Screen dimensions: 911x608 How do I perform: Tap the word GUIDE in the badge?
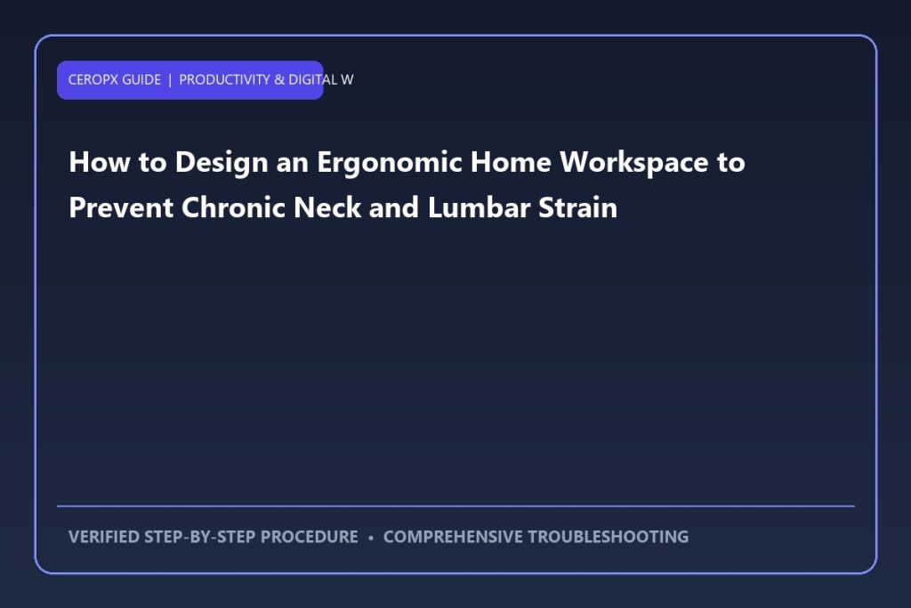tap(141, 79)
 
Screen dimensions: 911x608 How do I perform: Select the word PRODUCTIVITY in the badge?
tap(224, 79)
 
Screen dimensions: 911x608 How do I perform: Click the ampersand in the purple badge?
tap(279, 79)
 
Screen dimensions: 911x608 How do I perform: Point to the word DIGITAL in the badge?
tap(313, 79)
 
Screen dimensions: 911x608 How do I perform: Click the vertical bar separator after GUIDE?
tap(170, 79)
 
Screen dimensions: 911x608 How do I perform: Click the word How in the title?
tap(100, 162)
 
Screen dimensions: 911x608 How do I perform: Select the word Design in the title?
tap(222, 163)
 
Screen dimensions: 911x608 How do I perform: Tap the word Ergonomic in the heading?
tap(390, 163)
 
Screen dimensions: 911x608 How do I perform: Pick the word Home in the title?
tap(511, 162)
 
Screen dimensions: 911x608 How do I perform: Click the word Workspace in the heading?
tap(633, 163)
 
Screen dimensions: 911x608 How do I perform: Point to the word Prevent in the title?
tap(121, 207)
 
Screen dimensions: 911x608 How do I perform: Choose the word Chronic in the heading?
tap(233, 207)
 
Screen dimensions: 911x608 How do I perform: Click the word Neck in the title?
tap(327, 207)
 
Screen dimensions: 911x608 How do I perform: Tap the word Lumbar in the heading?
tap(479, 207)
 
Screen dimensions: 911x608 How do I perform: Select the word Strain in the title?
tap(578, 207)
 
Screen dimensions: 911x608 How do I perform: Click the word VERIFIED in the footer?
tap(104, 537)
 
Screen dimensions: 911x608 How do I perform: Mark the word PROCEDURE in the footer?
tap(309, 537)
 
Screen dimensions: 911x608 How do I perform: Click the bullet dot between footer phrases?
tap(371, 538)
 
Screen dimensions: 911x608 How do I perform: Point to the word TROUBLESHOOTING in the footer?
tap(608, 537)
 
